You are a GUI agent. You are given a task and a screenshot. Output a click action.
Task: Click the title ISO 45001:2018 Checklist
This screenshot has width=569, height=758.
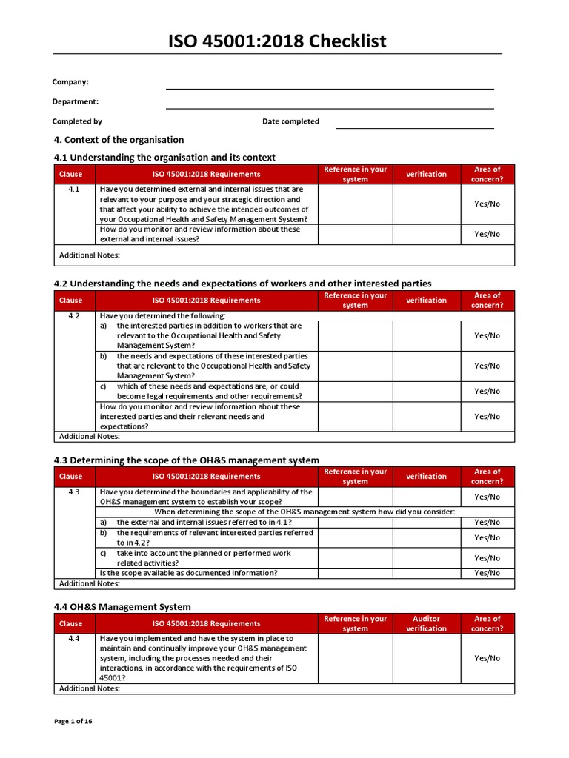coord(278,41)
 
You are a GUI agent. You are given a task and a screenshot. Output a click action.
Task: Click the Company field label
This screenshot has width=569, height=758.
coord(70,82)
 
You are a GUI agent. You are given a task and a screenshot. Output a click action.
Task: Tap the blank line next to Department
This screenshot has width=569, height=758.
coord(330,102)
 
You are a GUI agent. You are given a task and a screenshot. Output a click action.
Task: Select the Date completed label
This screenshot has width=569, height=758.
coord(290,121)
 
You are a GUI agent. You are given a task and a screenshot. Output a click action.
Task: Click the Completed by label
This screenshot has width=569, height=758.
coord(77,121)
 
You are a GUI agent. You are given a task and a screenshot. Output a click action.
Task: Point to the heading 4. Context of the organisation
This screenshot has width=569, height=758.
coord(119,140)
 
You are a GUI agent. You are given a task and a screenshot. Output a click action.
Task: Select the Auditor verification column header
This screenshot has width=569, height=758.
coord(426,623)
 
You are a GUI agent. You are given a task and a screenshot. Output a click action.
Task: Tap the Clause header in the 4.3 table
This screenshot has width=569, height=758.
coord(71,477)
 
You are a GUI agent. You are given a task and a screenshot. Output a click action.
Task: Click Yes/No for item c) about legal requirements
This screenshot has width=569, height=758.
coord(487,391)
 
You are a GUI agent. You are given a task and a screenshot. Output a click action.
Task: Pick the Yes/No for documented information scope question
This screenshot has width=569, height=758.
coord(487,573)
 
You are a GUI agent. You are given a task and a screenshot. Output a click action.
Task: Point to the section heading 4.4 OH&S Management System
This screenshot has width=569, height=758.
coord(122,607)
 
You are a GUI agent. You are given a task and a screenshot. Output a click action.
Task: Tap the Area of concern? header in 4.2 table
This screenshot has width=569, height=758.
coord(487,300)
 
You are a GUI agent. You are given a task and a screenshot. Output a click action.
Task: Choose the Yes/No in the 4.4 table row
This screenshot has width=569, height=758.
coord(487,658)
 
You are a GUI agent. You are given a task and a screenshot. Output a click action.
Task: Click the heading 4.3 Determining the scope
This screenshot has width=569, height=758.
coord(187,460)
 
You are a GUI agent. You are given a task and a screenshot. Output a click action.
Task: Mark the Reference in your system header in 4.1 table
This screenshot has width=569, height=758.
coord(355,174)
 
